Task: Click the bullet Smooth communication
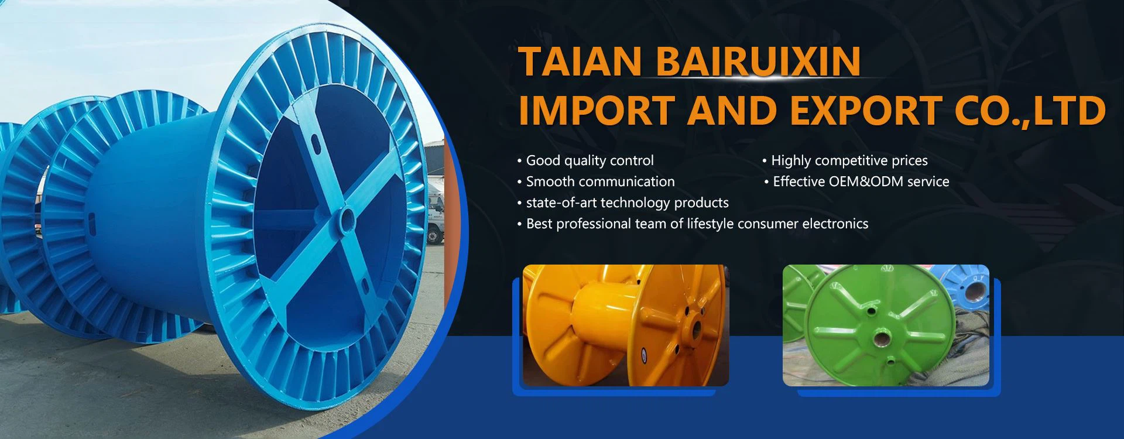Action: coord(596,181)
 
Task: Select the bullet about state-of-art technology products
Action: coord(623,203)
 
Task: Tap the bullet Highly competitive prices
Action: coord(845,160)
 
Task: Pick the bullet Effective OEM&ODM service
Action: coord(856,181)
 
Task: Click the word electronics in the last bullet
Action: coord(835,224)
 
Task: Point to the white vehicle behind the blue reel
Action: coord(435,211)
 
